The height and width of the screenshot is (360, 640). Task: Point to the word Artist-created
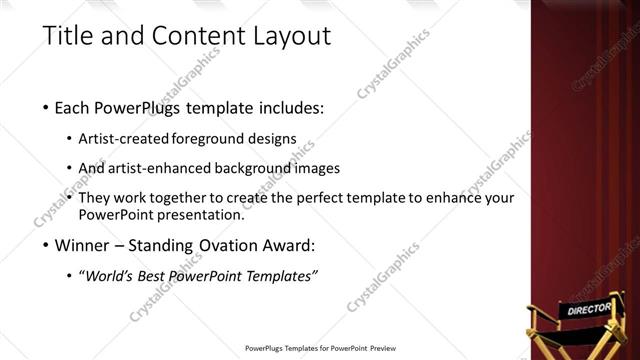(123, 138)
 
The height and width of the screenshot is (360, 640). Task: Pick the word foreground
(206, 138)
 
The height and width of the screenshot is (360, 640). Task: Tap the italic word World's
(110, 276)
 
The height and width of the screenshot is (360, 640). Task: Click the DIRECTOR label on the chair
(587, 310)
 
